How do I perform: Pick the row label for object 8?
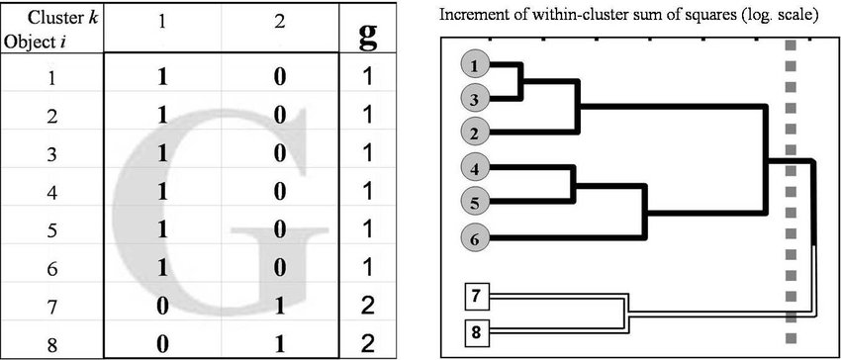(51, 343)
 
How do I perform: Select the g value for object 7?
(368, 307)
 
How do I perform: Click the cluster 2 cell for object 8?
(279, 343)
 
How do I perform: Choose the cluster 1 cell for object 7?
(163, 307)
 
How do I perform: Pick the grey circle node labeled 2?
(476, 133)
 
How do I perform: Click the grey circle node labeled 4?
(476, 169)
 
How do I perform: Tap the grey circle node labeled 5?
(476, 202)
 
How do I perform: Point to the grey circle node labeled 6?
(476, 237)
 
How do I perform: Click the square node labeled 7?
(476, 296)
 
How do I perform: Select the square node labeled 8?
(476, 329)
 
